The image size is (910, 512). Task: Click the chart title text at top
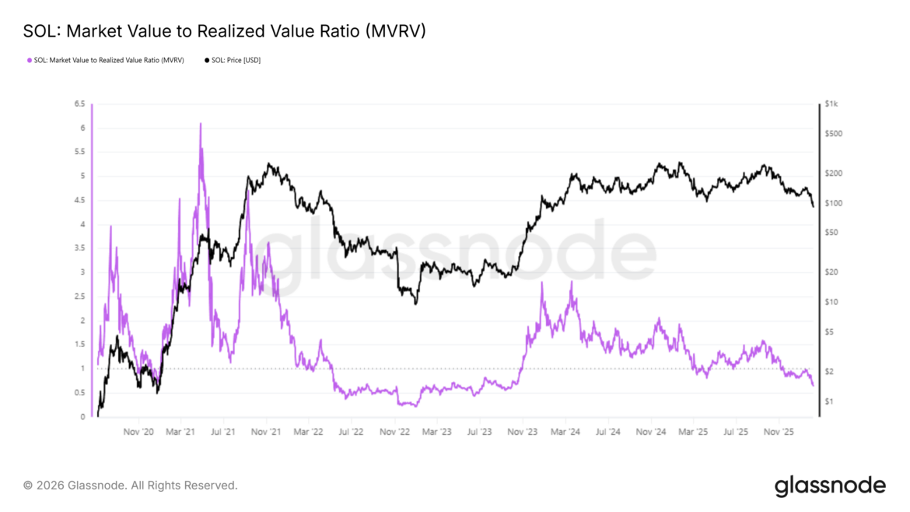click(225, 31)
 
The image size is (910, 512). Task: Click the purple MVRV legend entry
click(105, 60)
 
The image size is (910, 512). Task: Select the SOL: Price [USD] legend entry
click(232, 60)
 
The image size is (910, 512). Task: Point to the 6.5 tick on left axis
click(79, 103)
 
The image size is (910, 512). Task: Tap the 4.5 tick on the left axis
click(79, 200)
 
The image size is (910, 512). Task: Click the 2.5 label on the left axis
click(79, 296)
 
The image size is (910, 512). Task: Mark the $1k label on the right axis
click(831, 103)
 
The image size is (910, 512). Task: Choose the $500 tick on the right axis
click(832, 134)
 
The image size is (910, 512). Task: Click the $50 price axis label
click(831, 233)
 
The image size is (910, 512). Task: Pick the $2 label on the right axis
click(829, 371)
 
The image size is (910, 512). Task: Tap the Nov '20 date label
click(138, 431)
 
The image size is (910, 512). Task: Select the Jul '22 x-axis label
click(351, 431)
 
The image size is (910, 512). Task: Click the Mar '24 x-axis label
click(564, 431)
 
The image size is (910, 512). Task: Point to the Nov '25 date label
click(777, 431)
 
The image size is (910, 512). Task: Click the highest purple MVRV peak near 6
click(200, 124)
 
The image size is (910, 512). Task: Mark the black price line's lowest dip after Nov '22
click(415, 303)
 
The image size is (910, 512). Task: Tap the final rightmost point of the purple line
click(813, 385)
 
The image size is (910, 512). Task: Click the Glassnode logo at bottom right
click(829, 486)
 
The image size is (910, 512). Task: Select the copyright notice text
click(130, 486)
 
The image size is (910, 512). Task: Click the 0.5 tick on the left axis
click(79, 393)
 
